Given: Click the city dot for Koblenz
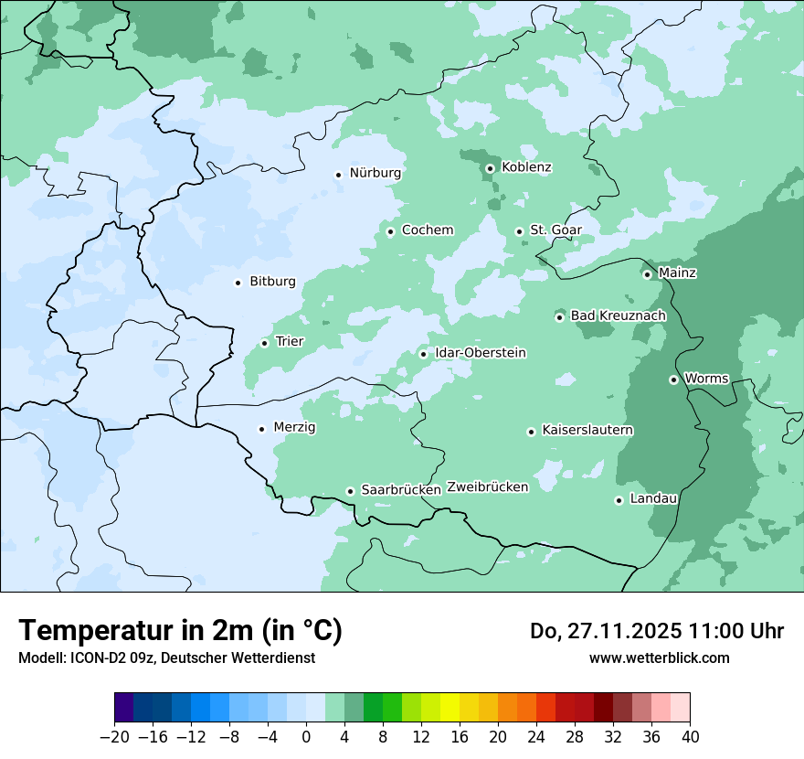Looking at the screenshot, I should pyautogui.click(x=490, y=168).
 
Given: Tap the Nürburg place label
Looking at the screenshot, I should pyautogui.click(x=375, y=173).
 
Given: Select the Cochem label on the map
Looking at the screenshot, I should pyautogui.click(x=428, y=230).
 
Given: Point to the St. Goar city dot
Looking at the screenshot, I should pyautogui.click(x=519, y=231).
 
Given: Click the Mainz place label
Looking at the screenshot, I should pyautogui.click(x=677, y=273).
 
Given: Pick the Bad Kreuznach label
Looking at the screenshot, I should pyautogui.click(x=618, y=316).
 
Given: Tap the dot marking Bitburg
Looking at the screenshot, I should pyautogui.click(x=238, y=283).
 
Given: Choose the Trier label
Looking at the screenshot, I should pyautogui.click(x=290, y=342).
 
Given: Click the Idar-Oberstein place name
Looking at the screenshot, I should pyautogui.click(x=481, y=353).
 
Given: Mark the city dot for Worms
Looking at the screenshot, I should pyautogui.click(x=673, y=379).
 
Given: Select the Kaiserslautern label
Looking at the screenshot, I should pyautogui.click(x=587, y=431).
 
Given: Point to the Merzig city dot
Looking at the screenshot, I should pyautogui.click(x=261, y=429).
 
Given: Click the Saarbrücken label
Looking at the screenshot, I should pyautogui.click(x=401, y=490).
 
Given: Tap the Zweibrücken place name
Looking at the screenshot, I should pyautogui.click(x=488, y=487).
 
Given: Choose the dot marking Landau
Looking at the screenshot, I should pyautogui.click(x=619, y=500).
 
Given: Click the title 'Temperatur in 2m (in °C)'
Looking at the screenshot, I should pyautogui.click(x=181, y=631).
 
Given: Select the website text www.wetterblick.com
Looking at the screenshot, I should pyautogui.click(x=659, y=658).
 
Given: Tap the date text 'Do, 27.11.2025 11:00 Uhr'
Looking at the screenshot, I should pyautogui.click(x=657, y=631).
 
